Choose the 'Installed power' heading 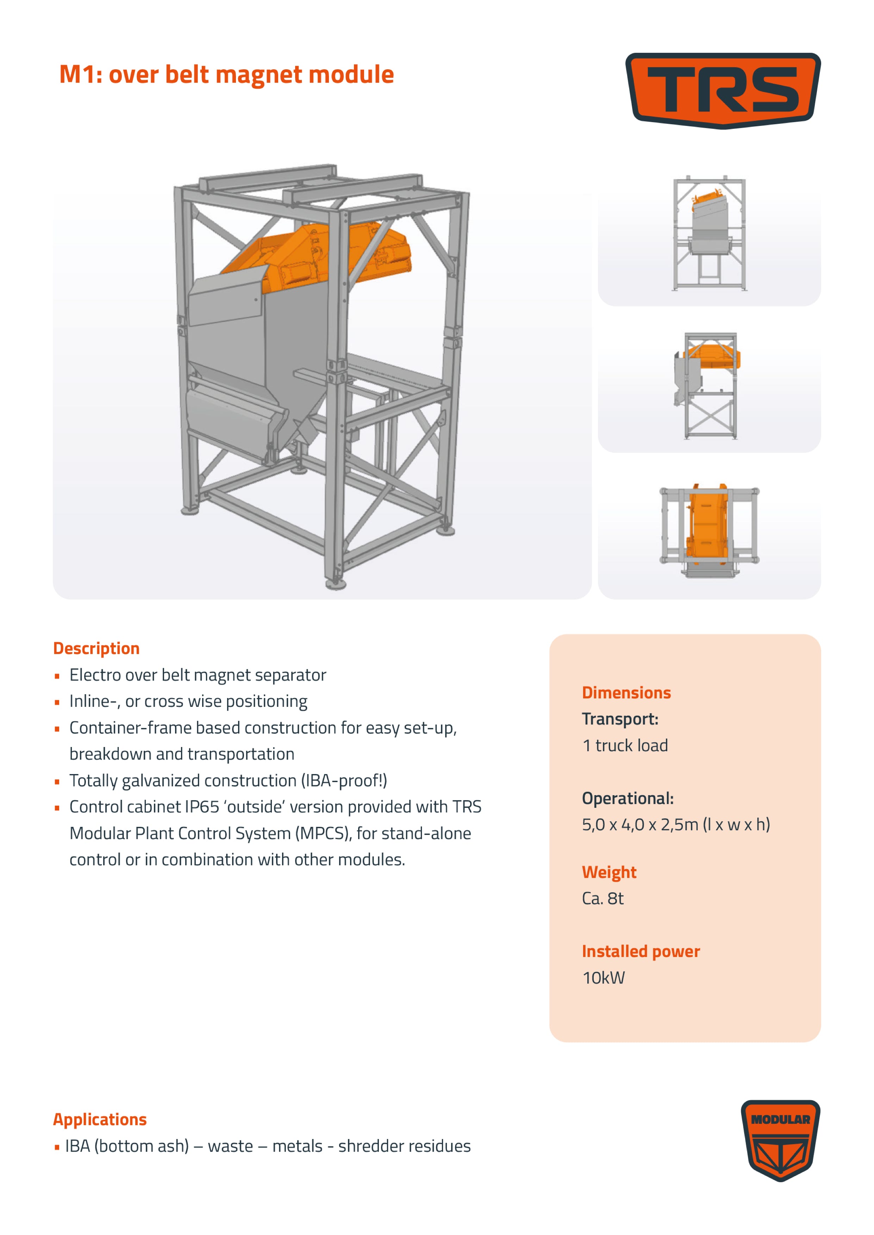641,951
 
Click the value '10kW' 603,977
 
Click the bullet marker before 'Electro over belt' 57,676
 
